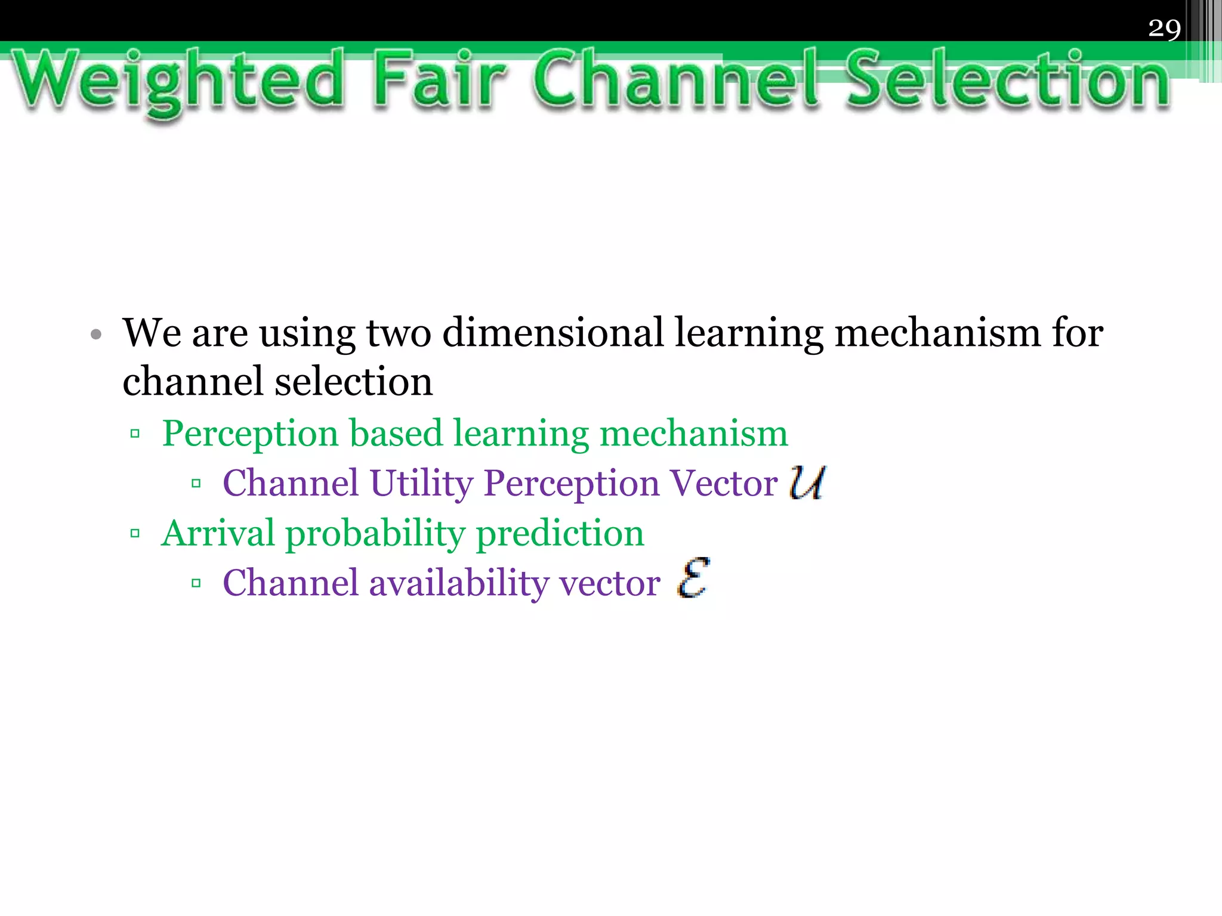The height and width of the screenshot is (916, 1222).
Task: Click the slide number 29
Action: click(1164, 28)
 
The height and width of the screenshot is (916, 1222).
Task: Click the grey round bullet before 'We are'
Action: click(96, 334)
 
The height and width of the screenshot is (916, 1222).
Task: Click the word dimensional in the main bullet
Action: click(553, 333)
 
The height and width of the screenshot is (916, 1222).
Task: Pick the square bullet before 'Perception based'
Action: click(135, 434)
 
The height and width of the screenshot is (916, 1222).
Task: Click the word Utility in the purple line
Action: click(421, 483)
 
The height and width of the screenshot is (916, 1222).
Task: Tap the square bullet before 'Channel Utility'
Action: click(196, 483)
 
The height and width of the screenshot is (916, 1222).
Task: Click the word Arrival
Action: click(218, 533)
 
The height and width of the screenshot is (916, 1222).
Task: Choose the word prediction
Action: click(560, 533)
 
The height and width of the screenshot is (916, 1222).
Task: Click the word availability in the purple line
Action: click(458, 583)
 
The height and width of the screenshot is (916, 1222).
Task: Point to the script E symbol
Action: click(693, 578)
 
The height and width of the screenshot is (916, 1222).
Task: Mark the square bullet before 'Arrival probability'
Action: click(135, 533)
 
